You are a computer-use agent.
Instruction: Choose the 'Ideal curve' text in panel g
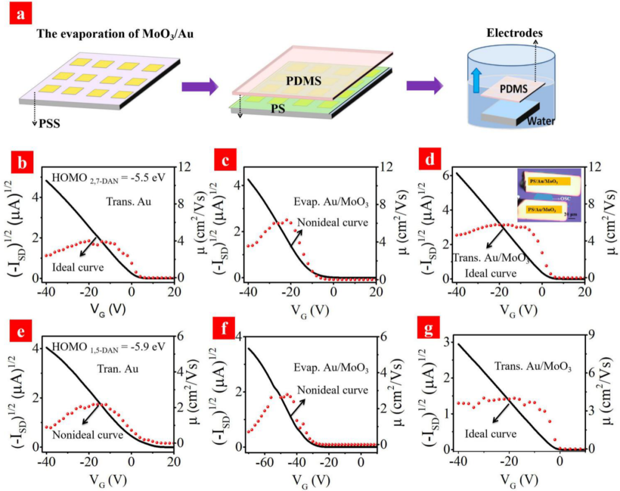tap(492, 434)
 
